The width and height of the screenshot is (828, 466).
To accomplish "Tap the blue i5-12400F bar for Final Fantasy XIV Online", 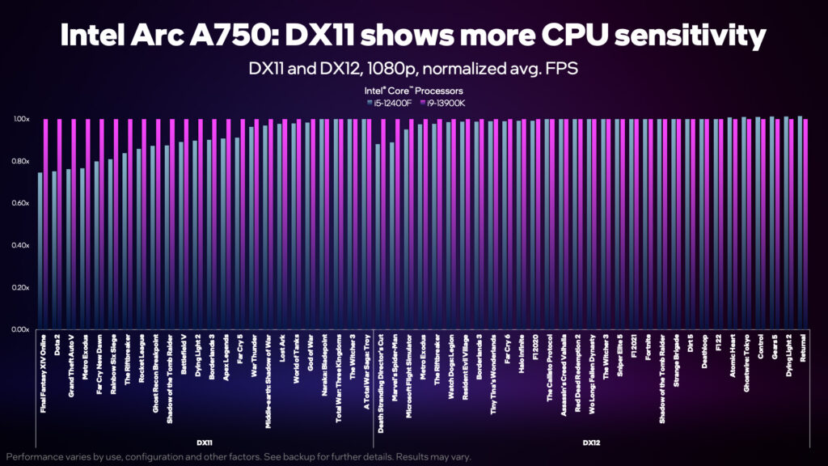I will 40,251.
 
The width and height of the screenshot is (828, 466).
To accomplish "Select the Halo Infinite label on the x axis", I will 521,355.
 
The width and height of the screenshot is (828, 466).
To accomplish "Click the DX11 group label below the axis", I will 205,443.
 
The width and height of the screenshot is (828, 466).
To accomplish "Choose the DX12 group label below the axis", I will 591,443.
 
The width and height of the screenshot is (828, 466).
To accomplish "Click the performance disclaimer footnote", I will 238,457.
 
